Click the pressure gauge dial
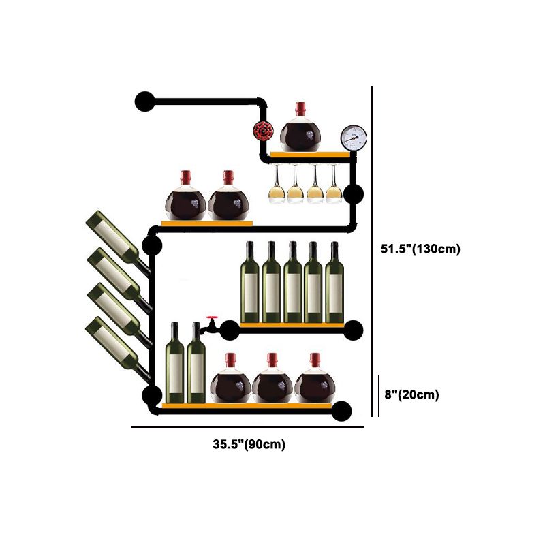[352, 138]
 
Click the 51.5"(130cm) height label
[420, 249]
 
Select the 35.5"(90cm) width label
[249, 445]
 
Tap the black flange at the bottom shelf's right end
[343, 410]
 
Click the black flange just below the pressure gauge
[353, 194]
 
